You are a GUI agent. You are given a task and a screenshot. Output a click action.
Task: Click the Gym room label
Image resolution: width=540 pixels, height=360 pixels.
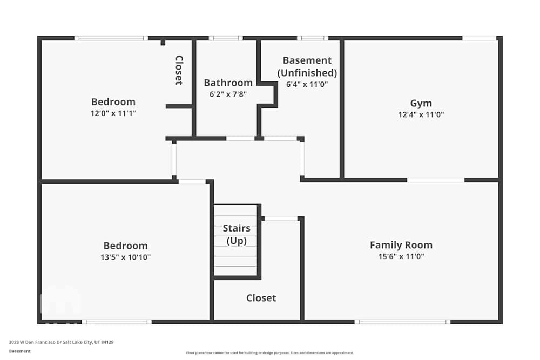[x=421, y=103]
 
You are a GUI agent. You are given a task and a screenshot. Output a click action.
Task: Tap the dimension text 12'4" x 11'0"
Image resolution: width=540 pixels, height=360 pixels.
[x=421, y=114]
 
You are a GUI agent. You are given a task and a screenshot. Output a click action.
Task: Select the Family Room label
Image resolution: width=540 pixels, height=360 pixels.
[x=401, y=245]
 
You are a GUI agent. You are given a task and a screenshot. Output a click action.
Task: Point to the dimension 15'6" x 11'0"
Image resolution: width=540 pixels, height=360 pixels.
[x=401, y=257]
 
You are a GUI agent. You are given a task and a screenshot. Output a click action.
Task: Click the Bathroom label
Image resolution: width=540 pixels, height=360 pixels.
[x=228, y=83]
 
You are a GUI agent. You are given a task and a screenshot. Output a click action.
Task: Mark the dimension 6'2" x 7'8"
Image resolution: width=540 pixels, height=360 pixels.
[x=228, y=94]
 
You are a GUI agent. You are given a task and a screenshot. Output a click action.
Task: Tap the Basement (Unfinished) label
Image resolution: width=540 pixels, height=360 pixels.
[x=307, y=66]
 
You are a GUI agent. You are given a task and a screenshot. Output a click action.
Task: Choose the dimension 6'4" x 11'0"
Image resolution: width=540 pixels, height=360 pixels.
[x=307, y=84]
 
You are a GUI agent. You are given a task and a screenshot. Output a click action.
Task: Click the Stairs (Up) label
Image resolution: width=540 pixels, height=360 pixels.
[x=237, y=235]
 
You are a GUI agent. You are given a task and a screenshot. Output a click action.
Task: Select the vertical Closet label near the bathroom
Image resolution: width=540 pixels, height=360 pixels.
[x=179, y=70]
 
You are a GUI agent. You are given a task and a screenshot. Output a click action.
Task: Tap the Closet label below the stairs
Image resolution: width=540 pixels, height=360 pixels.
[x=261, y=298]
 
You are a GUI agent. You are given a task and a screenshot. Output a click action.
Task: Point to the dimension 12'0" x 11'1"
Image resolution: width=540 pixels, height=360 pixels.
[x=113, y=113]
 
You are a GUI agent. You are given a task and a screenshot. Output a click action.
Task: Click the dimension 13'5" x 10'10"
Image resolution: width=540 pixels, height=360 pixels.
[x=125, y=257]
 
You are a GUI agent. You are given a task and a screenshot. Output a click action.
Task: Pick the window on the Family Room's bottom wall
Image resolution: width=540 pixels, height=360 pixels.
[x=402, y=322]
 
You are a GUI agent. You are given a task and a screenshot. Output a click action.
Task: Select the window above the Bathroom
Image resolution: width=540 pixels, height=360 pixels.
[x=226, y=38]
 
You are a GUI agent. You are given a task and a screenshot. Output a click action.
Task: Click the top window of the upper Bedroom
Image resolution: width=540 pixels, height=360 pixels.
[x=111, y=38]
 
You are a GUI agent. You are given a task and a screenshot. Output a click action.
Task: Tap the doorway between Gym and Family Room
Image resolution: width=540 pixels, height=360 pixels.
[x=435, y=180]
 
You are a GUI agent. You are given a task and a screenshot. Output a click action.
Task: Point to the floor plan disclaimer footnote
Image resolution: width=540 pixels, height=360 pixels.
[x=270, y=353]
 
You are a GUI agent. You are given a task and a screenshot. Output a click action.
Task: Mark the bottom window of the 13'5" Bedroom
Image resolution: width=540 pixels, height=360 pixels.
[x=117, y=322]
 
